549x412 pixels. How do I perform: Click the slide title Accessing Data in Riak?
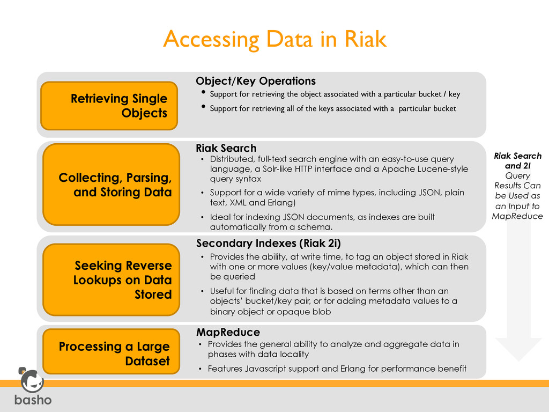pos(274,39)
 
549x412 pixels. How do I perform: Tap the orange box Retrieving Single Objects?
pos(109,106)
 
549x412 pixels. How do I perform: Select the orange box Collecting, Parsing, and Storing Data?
pos(111,184)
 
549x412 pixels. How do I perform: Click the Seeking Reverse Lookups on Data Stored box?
pos(111,279)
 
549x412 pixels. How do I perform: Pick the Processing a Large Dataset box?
pos(111,354)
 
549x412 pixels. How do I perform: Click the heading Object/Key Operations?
pos(256,81)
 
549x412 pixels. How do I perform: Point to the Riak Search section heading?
pos(226,148)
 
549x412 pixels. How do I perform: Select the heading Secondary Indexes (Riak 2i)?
pos(269,243)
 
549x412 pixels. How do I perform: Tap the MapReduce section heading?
pos(228,332)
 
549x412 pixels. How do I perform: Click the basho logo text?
pos(33,400)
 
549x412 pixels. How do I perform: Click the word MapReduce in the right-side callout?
pos(517,216)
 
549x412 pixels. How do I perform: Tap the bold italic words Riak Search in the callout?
pos(517,156)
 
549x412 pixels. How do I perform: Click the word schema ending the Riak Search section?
pos(324,227)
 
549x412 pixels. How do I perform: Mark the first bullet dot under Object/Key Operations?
pos(203,94)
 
